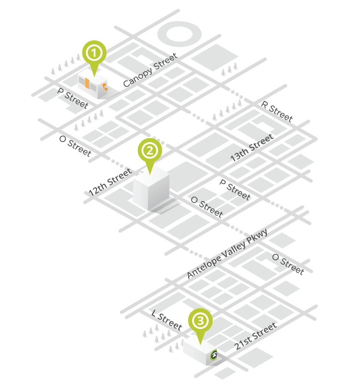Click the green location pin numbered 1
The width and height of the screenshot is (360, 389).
pyautogui.click(x=94, y=53)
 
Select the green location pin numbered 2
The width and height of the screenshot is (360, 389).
pyautogui.click(x=150, y=151)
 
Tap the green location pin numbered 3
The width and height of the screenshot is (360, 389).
pyautogui.click(x=200, y=321)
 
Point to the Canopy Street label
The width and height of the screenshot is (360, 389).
pyautogui.click(x=150, y=70)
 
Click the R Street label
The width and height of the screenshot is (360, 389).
pyautogui.click(x=276, y=110)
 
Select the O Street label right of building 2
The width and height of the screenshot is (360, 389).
pyautogui.click(x=206, y=206)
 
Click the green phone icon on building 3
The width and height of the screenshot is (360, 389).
pyautogui.click(x=214, y=355)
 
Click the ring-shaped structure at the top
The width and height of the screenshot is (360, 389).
pyautogui.click(x=180, y=35)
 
